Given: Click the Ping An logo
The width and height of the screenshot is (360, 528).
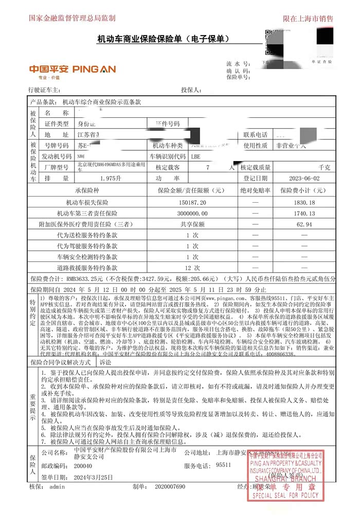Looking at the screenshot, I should [x=72, y=69].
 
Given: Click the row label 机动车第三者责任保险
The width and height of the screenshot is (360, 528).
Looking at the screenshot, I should [x=87, y=214].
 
